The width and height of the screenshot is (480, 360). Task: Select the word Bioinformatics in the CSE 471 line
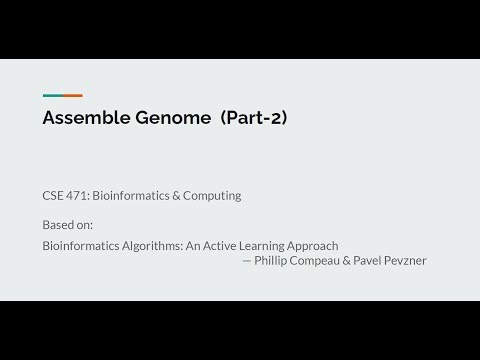[x=132, y=196]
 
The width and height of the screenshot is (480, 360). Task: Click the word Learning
[x=259, y=245]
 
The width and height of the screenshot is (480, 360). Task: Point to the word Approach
[x=314, y=245]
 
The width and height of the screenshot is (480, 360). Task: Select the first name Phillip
[x=273, y=260]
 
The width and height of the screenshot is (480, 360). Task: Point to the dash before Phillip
[x=247, y=260]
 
